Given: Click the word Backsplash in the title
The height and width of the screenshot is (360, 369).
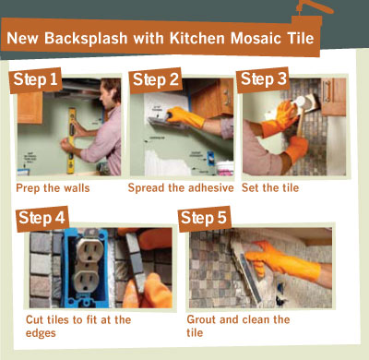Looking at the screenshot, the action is click(x=86, y=39).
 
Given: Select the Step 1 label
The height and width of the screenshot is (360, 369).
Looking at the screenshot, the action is click(x=35, y=79).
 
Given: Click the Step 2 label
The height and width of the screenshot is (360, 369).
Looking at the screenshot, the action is click(x=156, y=79).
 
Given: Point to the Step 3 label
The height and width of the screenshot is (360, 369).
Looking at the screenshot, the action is click(x=263, y=79).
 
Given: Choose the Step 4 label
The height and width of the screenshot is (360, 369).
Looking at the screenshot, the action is click(x=42, y=218).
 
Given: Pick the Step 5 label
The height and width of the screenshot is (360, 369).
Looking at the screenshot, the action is click(x=204, y=218).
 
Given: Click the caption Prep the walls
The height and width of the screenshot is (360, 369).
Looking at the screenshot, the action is click(x=53, y=188).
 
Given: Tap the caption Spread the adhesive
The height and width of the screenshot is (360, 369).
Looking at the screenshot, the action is click(x=181, y=187).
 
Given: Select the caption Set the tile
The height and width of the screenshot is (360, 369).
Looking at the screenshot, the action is click(x=270, y=187).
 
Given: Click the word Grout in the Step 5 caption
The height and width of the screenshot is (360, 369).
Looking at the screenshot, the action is click(x=201, y=319).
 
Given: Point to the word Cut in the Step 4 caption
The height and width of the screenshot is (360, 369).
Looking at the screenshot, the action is click(x=34, y=319).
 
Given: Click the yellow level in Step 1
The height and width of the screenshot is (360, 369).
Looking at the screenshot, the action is click(x=71, y=140).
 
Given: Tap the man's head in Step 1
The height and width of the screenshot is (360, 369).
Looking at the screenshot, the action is click(x=110, y=91).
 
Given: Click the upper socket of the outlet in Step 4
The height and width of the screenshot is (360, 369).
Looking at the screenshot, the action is click(x=90, y=250).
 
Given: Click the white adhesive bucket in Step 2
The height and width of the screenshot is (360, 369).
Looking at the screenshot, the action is click(x=224, y=168).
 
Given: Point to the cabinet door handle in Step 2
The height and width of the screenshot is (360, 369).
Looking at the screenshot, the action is click(x=227, y=97).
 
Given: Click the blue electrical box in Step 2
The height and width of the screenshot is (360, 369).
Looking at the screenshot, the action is click(x=210, y=158).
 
